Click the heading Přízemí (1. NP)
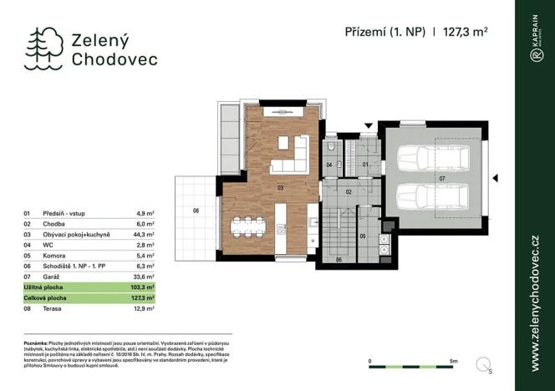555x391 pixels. [x=385, y=32]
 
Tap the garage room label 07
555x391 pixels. [x=441, y=178]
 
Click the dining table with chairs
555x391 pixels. [x=247, y=226]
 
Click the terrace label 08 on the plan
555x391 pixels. [x=196, y=211]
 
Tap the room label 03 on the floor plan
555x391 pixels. [x=281, y=188]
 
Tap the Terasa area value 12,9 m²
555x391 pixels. [x=147, y=309]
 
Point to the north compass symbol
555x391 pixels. [x=484, y=363]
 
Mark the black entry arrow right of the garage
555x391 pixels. [x=495, y=177]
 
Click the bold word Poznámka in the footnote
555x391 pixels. [x=36, y=343]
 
